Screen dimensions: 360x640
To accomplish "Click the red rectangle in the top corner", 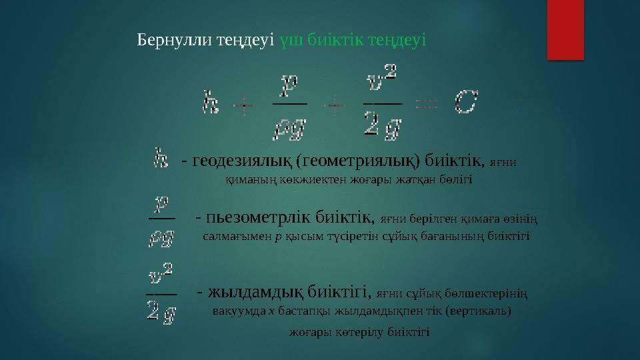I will pos(565,30).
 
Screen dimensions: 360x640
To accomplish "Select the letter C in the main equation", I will pos(466,103).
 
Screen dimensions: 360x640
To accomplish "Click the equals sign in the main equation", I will pos(427,104).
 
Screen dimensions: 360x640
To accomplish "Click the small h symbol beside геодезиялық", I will pos(160,159).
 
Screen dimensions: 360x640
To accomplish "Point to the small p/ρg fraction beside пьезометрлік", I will pos(161,219).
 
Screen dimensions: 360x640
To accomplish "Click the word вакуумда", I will pos(237,311).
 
